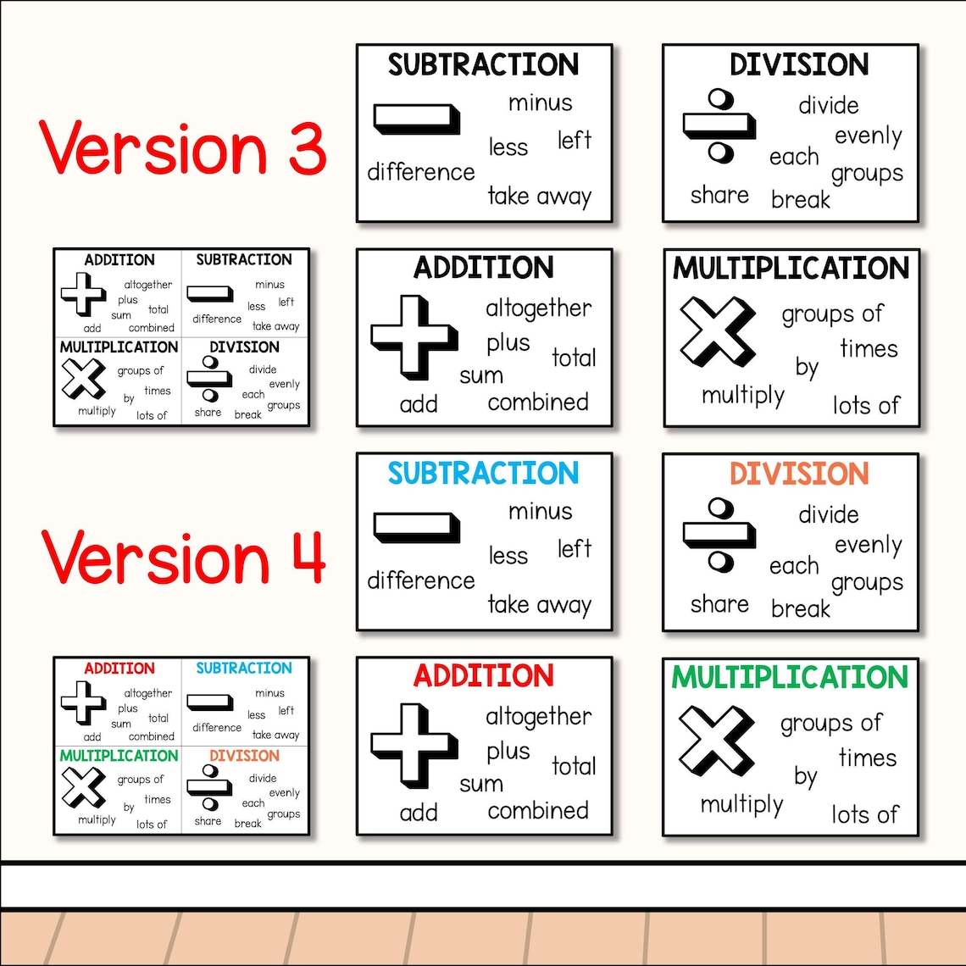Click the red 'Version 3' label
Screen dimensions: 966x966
(x=183, y=147)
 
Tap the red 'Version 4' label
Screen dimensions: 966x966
(x=183, y=557)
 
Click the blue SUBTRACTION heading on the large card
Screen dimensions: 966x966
(x=483, y=473)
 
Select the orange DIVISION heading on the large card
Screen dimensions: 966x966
(x=799, y=473)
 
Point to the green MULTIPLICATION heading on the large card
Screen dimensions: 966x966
(x=790, y=677)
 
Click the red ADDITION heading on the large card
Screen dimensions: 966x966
(x=483, y=676)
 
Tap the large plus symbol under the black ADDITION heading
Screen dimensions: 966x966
(x=413, y=336)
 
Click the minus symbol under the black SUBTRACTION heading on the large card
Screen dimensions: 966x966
(x=416, y=119)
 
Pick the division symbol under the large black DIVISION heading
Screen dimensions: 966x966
(x=719, y=126)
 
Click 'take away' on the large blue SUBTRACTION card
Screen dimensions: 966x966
(x=539, y=605)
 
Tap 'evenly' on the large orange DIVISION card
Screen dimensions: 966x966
(x=868, y=545)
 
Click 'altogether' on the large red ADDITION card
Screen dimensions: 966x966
(x=538, y=717)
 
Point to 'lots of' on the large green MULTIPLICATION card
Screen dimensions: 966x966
(x=864, y=814)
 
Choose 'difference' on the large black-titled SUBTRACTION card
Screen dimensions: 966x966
(x=420, y=172)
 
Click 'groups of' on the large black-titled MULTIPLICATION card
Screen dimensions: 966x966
(x=832, y=314)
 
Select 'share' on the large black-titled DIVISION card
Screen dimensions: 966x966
(x=719, y=195)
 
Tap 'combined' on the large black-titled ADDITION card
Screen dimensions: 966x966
(x=537, y=402)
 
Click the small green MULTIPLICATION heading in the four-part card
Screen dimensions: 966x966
(x=119, y=755)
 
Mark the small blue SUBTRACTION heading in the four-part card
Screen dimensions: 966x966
(x=244, y=668)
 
